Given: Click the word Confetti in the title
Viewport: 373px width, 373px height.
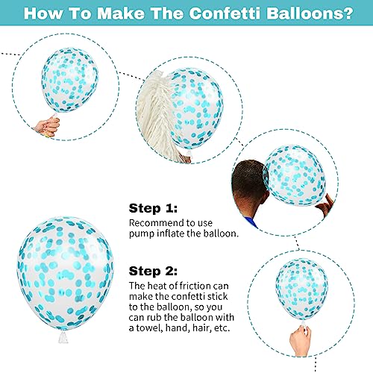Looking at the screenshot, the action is (225, 13).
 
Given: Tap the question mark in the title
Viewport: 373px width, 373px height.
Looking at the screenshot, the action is (347, 13).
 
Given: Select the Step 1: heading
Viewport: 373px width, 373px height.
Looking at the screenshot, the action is (153, 208).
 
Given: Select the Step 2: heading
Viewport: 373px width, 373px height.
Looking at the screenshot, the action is (153, 271).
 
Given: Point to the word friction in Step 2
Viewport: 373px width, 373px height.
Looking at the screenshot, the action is (191, 286).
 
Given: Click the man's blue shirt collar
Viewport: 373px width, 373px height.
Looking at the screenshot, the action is (251, 222).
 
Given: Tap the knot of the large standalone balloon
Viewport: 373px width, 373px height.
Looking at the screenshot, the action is (63, 336).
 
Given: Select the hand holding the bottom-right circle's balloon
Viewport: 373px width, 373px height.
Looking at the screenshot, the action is (301, 340).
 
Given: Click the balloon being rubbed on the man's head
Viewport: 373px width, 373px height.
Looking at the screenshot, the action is (295, 175).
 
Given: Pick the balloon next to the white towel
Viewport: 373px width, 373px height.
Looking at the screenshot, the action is (196, 109).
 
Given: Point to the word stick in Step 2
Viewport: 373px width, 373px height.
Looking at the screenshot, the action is (218, 296).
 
